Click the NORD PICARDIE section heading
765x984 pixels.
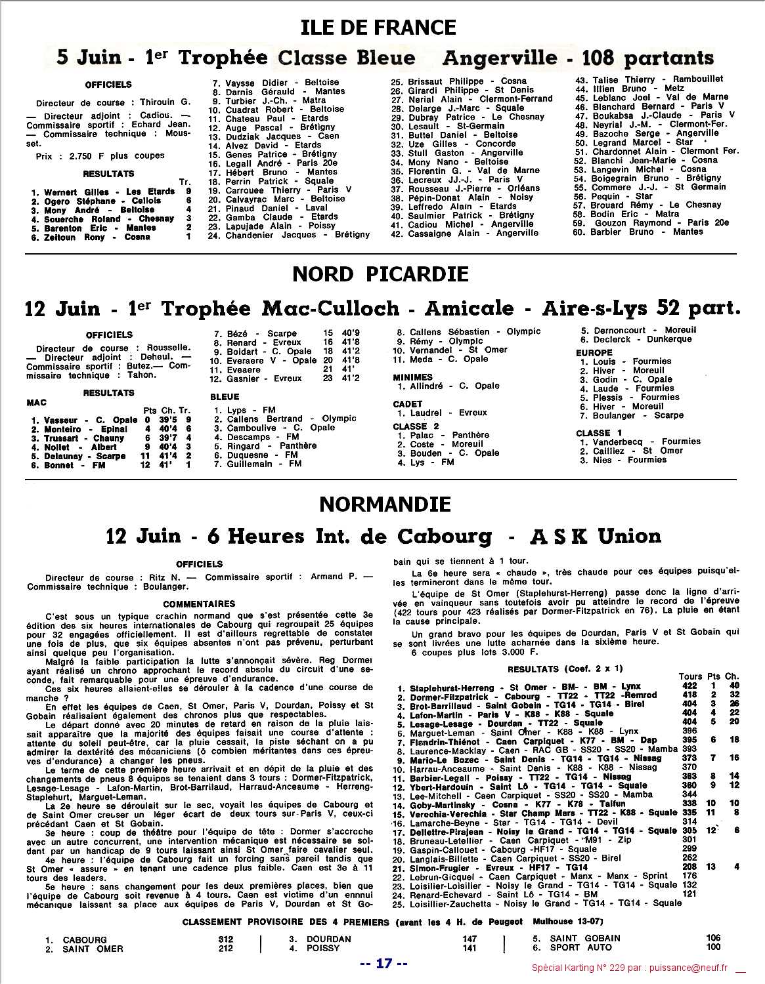[x=380, y=274]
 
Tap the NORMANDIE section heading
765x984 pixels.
[x=385, y=504]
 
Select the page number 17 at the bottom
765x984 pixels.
[x=384, y=964]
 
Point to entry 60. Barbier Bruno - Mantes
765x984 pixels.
[x=628, y=232]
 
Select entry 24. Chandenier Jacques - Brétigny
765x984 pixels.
[x=289, y=235]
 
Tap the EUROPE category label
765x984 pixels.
[x=594, y=352]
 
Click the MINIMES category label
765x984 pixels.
[x=412, y=377]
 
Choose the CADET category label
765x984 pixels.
[x=407, y=404]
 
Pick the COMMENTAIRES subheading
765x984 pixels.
[x=199, y=604]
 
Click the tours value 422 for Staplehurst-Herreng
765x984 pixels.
[x=688, y=686]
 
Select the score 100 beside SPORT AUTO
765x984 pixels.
[x=712, y=947]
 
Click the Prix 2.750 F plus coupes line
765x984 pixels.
[x=100, y=156]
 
